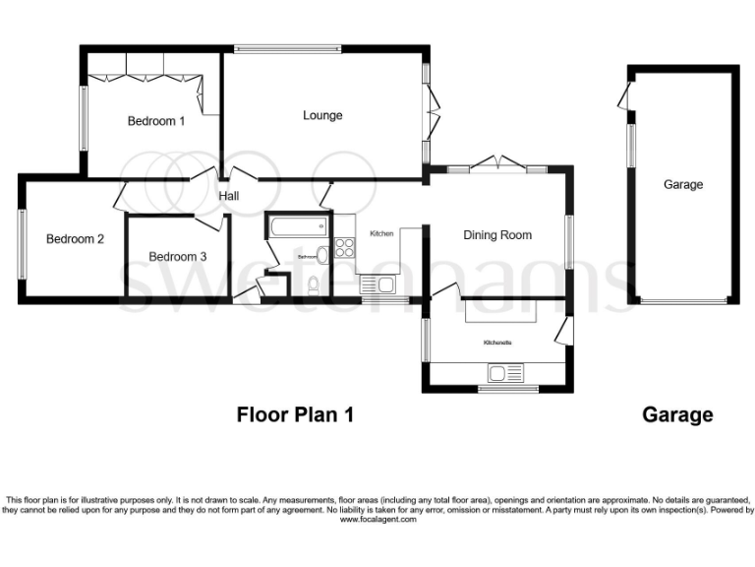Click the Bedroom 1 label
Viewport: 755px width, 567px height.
[156, 121]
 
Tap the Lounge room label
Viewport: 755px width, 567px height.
[322, 115]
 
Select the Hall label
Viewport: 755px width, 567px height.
[229, 196]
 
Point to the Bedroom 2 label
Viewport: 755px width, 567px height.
[75, 238]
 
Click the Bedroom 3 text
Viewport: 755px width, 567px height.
[178, 256]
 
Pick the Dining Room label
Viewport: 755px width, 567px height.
[497, 234]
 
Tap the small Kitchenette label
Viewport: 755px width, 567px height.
[495, 342]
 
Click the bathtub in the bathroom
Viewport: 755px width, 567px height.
[296, 226]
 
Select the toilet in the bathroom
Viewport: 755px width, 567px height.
[313, 285]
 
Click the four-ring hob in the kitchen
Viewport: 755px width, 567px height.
[345, 247]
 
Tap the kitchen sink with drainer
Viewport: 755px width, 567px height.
[377, 285]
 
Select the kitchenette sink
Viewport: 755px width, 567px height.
[509, 373]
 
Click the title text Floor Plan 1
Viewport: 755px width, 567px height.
[294, 414]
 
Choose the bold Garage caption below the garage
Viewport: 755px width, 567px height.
[677, 414]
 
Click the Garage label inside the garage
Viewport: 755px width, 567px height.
[682, 184]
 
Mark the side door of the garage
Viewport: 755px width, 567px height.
[623, 95]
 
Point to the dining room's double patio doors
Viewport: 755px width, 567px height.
[496, 163]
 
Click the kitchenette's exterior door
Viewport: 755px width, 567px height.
[562, 331]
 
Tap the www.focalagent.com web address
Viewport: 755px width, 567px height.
[377, 519]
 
